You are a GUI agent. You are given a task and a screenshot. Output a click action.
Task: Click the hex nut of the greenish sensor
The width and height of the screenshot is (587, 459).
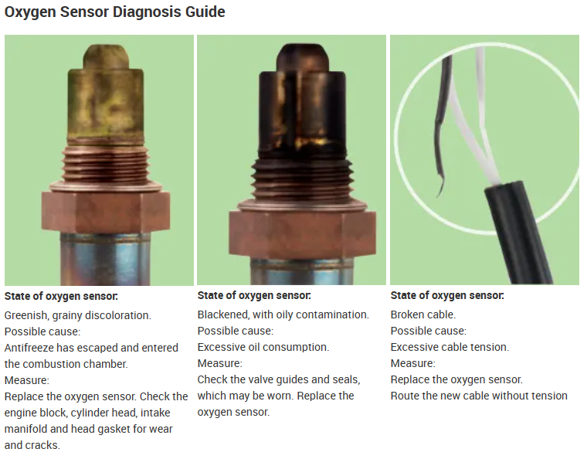tap(106, 212)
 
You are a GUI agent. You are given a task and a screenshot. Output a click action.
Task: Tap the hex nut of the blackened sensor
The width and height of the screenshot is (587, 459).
tap(302, 233)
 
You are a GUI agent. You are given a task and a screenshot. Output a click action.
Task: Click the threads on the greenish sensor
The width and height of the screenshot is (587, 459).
tap(106, 165)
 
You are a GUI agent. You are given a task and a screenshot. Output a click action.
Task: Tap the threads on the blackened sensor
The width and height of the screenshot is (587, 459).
tap(302, 180)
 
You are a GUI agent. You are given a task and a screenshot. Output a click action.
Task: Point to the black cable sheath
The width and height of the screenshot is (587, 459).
tap(518, 232)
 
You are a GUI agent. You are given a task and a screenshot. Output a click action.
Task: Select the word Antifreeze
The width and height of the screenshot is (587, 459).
tap(29, 348)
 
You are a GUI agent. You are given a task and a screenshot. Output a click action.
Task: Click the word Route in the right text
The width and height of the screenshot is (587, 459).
tap(405, 396)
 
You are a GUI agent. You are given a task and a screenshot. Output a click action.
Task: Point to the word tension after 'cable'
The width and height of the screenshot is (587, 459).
tap(490, 347)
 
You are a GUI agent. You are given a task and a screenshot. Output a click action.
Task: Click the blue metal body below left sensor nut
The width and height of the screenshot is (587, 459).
tap(106, 259)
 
